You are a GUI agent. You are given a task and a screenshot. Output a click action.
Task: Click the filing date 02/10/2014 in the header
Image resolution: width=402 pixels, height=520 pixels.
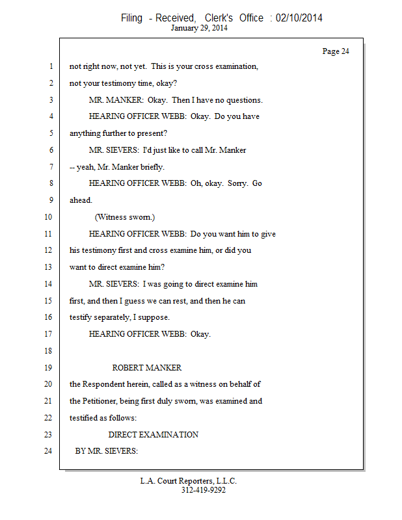(x=299, y=18)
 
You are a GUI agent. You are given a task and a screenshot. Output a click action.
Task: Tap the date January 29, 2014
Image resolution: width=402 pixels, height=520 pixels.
(x=199, y=28)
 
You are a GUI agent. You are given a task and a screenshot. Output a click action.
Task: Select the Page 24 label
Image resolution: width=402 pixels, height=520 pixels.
(x=336, y=51)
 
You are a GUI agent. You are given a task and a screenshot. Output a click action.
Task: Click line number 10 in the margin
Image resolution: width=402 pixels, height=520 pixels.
(x=47, y=217)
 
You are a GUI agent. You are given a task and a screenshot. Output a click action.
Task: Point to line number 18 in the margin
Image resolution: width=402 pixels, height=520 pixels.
(x=47, y=351)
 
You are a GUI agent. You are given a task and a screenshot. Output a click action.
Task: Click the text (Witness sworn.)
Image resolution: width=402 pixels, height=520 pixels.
(x=125, y=217)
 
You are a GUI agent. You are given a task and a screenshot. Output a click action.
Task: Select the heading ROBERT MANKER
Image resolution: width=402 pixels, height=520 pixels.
(x=147, y=368)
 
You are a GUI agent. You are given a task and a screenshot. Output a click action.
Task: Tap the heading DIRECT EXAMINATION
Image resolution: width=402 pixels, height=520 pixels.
(x=153, y=434)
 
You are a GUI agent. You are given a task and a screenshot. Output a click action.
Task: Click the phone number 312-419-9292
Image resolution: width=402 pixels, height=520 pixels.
(x=203, y=490)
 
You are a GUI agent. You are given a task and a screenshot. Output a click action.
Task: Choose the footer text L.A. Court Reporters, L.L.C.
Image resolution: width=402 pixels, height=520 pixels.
(x=189, y=481)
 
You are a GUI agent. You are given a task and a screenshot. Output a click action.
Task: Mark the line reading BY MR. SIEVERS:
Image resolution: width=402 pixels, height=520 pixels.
(x=107, y=451)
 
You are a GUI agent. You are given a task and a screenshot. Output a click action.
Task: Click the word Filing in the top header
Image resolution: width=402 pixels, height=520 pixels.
(x=131, y=18)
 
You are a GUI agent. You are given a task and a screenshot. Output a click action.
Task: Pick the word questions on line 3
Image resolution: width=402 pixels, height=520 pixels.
(x=243, y=100)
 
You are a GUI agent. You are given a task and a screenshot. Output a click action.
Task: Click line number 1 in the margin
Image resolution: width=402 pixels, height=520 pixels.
(x=49, y=67)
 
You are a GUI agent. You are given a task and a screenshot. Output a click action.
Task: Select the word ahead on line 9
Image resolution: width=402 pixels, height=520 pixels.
(x=81, y=200)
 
